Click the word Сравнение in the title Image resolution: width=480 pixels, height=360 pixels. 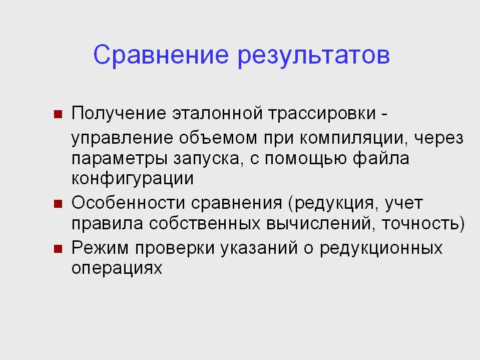[x=161, y=55]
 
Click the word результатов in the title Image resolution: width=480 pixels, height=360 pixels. [x=314, y=57]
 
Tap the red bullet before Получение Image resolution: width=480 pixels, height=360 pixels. [x=58, y=114]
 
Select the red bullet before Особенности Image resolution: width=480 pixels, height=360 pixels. [x=58, y=204]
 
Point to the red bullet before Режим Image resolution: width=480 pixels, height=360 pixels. [x=58, y=248]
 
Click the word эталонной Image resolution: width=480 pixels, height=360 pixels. [x=217, y=113]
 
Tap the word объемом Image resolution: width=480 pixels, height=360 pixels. [x=218, y=138]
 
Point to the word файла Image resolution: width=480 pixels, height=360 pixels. [x=381, y=158]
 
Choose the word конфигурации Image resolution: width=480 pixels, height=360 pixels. [x=133, y=178]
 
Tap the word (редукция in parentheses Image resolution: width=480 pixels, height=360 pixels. [x=333, y=203]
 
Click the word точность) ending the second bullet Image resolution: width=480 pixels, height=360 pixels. [x=423, y=223]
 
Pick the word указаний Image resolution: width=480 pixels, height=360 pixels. [x=259, y=248]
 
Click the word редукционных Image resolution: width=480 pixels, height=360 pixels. [x=381, y=248]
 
